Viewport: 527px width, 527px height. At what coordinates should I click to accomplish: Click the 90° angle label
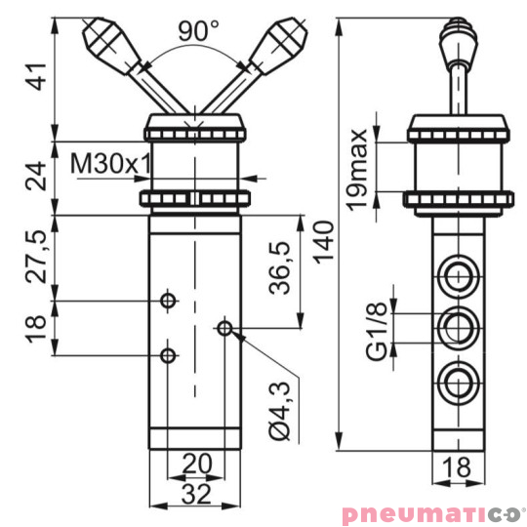(x=198, y=31)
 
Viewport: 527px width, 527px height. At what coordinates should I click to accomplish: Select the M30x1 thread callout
(x=110, y=162)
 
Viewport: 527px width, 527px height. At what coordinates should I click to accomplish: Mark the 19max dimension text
(x=358, y=168)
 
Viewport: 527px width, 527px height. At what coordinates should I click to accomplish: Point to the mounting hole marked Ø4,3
(x=225, y=329)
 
